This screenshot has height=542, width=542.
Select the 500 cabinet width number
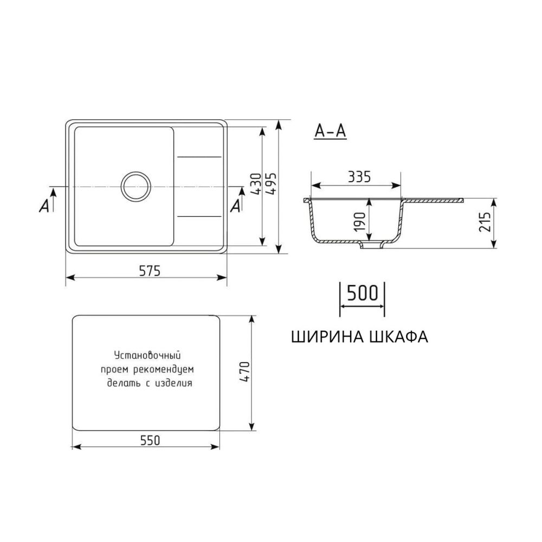(362, 293)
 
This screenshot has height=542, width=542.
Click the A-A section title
(330, 131)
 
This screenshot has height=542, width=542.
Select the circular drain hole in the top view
(133, 186)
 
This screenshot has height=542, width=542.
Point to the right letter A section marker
(236, 205)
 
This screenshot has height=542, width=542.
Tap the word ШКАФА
(398, 337)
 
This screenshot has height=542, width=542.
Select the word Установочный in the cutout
(147, 356)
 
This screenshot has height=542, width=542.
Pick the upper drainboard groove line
(199, 157)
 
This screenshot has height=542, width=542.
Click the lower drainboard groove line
(199, 216)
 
